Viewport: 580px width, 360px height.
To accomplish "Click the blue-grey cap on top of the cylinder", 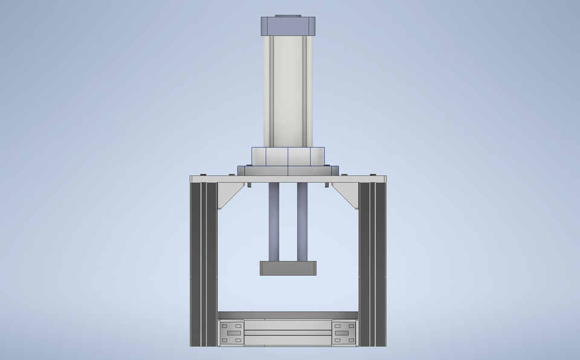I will pyautogui.click(x=288, y=26).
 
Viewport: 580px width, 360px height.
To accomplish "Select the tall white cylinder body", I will pyautogui.click(x=288, y=91).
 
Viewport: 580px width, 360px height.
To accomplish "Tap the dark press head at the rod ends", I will pyautogui.click(x=288, y=268).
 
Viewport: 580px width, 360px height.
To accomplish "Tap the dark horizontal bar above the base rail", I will pyautogui.click(x=288, y=315).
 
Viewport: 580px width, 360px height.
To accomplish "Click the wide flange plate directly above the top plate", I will pyautogui.click(x=288, y=170).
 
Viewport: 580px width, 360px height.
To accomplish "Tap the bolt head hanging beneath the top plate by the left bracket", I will pyautogui.click(x=248, y=185).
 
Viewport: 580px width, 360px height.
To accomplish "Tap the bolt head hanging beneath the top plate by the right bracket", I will pyautogui.click(x=328, y=185).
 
